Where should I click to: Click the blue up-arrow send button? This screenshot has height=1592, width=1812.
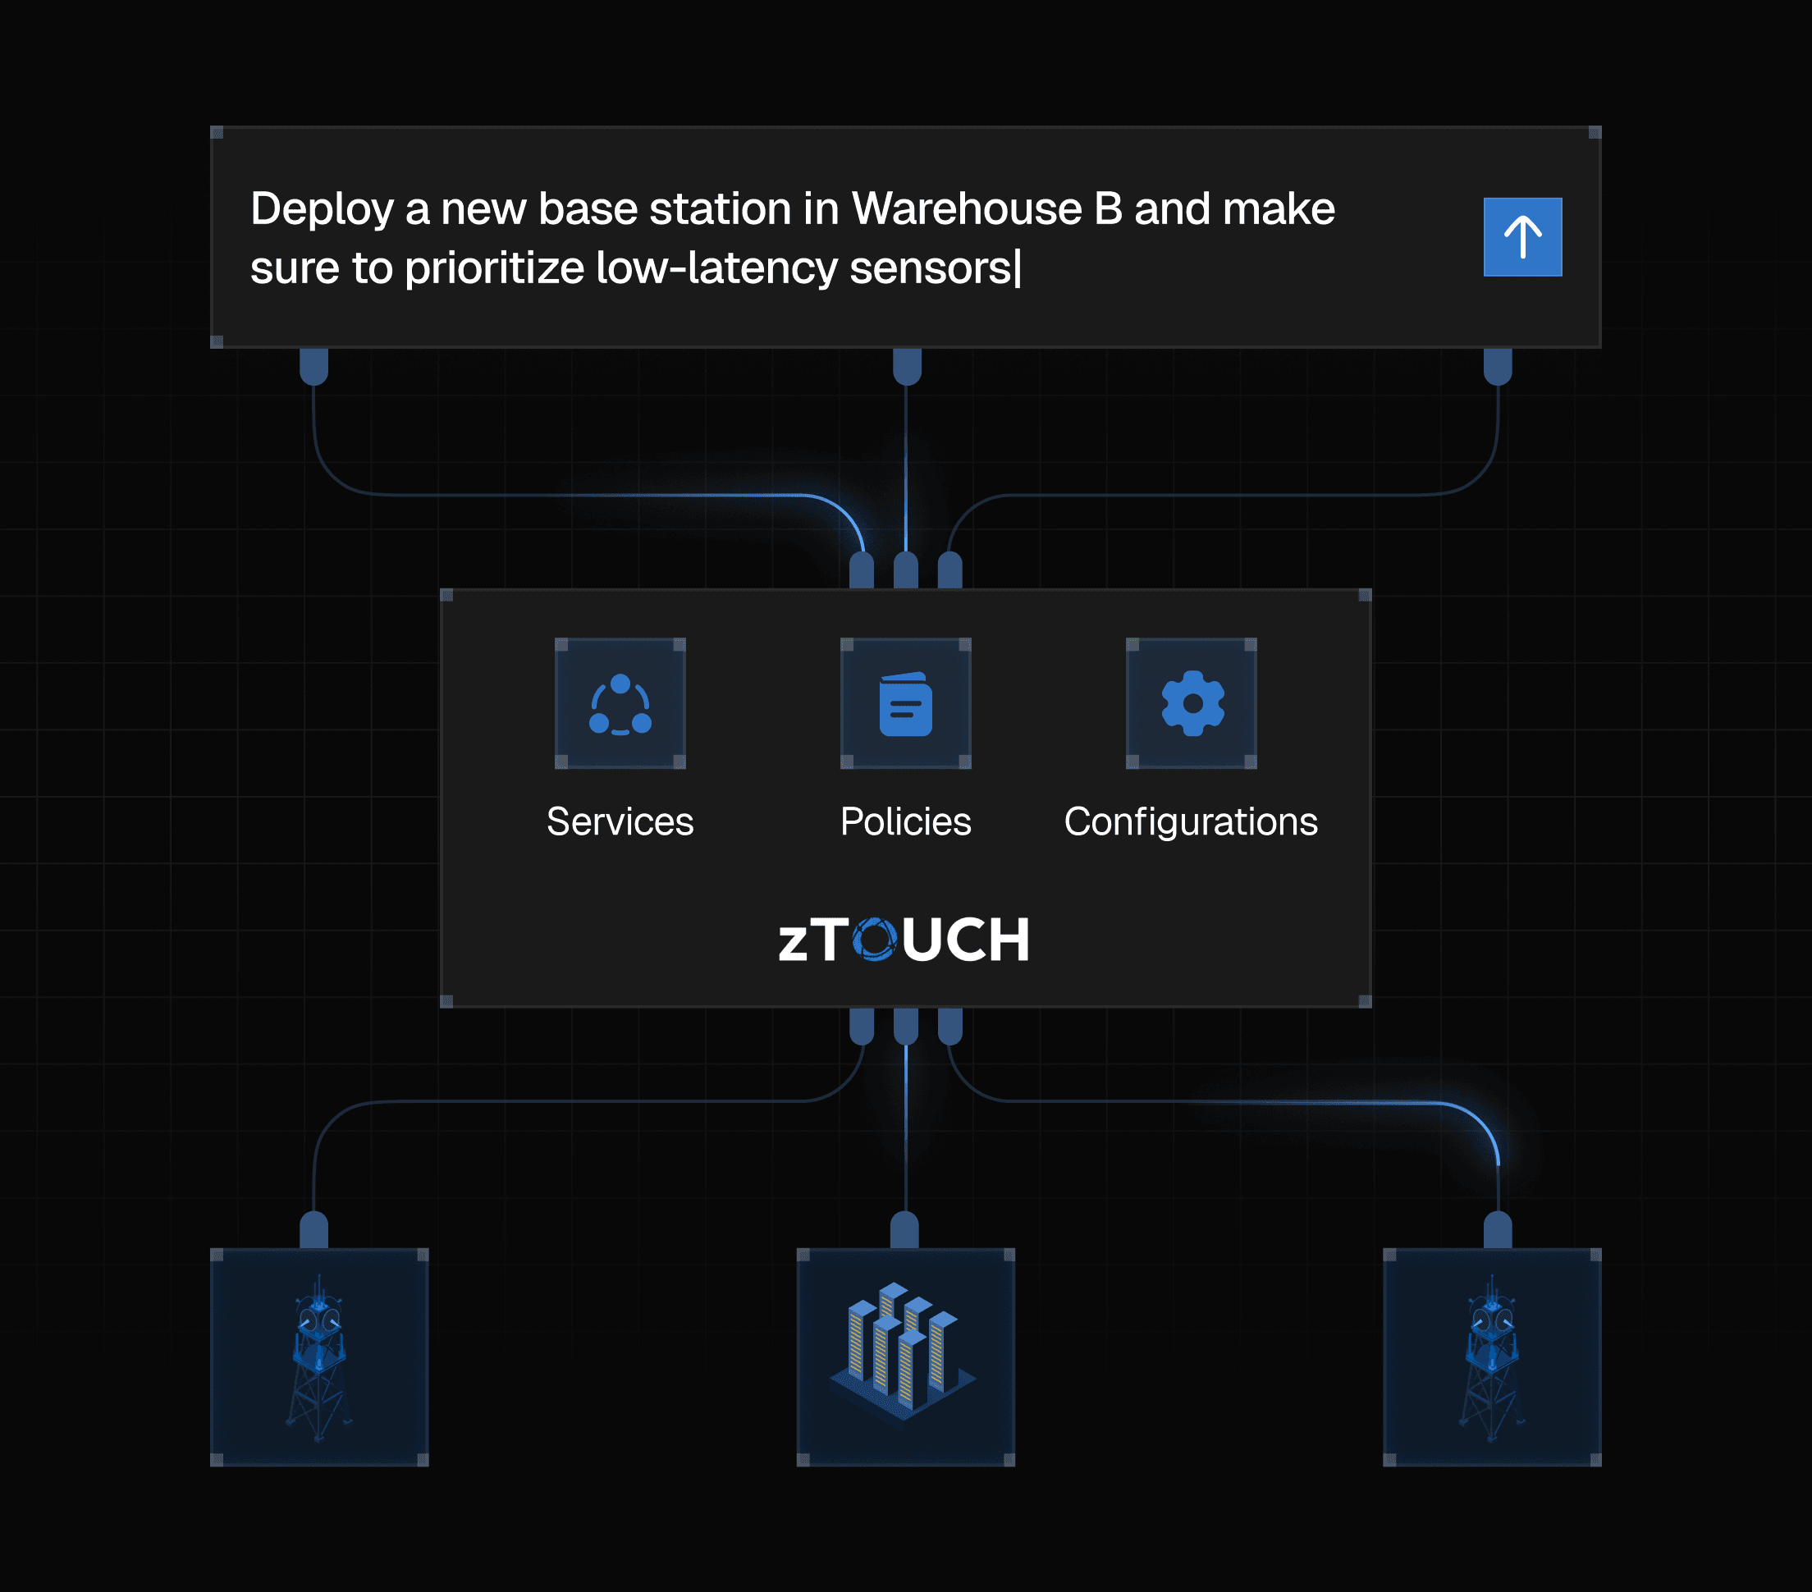pos(1522,236)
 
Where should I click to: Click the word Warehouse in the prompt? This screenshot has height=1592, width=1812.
pos(966,209)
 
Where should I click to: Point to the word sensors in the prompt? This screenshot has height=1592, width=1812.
pos(930,268)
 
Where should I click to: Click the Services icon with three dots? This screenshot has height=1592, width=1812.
pos(620,704)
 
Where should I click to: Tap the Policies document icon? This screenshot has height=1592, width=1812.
pos(905,704)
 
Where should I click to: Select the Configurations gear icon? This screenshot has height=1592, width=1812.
pos(1192,704)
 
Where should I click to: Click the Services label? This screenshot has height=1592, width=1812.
pos(620,821)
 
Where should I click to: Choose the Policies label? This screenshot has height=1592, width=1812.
pos(905,821)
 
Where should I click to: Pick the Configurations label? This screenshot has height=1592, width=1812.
pos(1191,821)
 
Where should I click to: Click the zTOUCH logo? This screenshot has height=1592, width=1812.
pos(904,940)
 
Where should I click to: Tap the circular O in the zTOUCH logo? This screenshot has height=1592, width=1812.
pos(875,940)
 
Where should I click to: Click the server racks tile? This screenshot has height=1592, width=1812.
pos(905,1356)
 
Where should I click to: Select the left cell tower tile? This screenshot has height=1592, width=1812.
pos(319,1356)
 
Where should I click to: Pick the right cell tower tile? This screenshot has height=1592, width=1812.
pos(1492,1356)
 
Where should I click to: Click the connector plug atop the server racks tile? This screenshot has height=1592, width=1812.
pos(904,1229)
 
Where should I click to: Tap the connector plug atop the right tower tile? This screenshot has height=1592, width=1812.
pos(1498,1229)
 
